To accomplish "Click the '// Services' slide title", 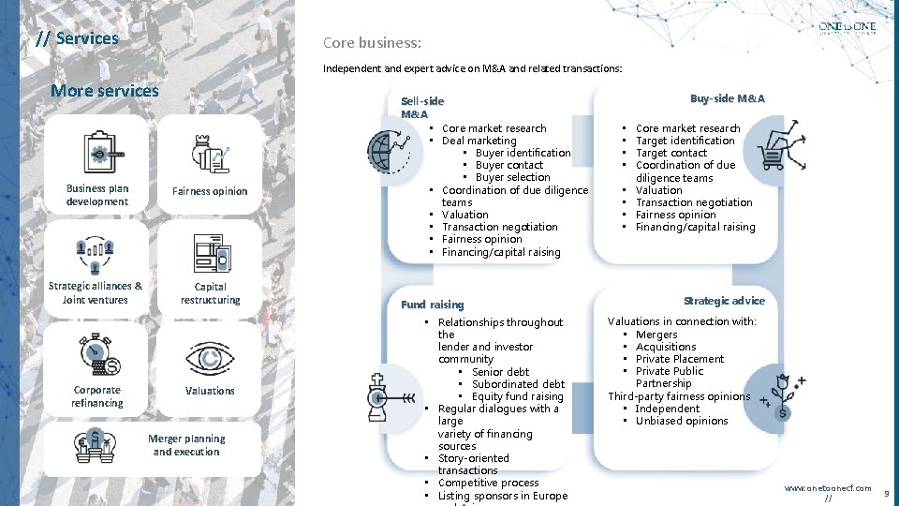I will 77,38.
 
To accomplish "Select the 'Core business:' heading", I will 372,43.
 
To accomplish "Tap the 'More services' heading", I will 105,91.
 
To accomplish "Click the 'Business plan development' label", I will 97,195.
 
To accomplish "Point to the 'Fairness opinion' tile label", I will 210,191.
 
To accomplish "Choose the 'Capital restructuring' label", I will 210,293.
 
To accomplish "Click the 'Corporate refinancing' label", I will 97,396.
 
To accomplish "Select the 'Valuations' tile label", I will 210,391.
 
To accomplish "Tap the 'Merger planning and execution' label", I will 186,445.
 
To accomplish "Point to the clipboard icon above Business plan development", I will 98,150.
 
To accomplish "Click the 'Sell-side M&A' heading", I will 421,107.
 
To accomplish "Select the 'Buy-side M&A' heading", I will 727,98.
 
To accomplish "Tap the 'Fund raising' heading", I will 432,305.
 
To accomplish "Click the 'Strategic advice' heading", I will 724,301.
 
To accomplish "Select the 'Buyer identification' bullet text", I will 523,153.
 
